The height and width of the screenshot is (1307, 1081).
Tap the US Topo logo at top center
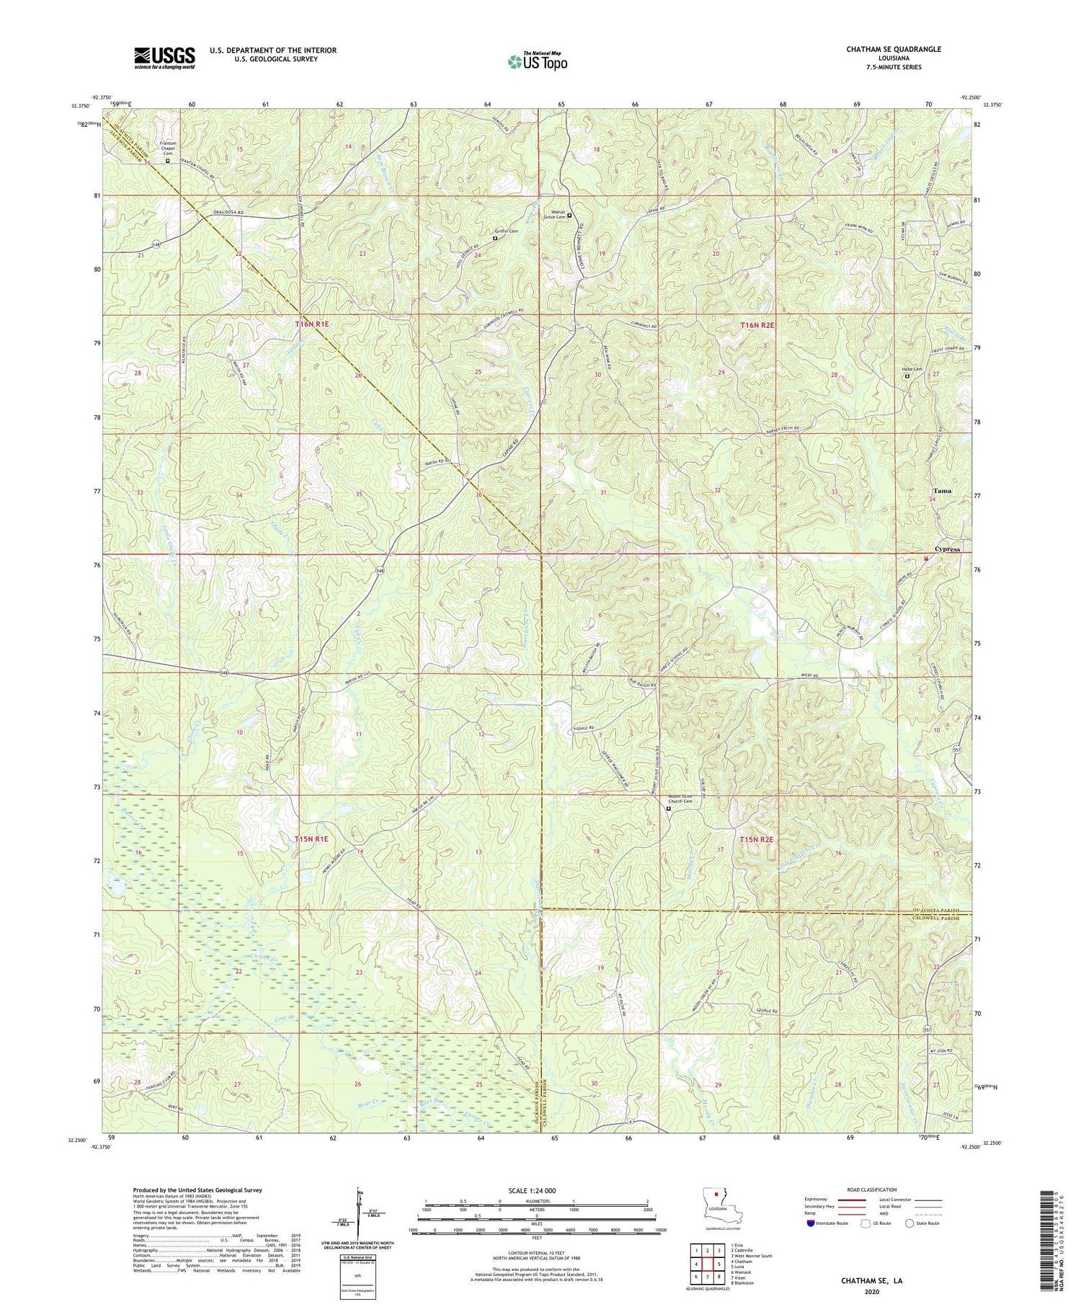click(x=537, y=61)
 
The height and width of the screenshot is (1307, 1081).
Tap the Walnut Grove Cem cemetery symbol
click(x=569, y=215)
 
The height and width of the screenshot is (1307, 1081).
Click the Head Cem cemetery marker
click(x=907, y=376)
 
